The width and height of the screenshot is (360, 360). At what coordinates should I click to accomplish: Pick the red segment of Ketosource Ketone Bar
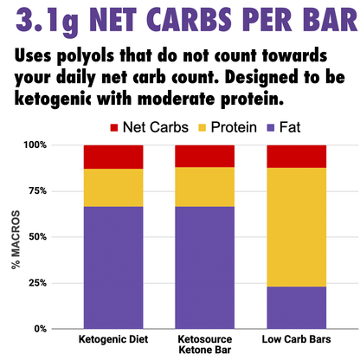pos(204,156)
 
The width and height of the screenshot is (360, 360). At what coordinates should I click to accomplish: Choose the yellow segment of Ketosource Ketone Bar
pos(204,186)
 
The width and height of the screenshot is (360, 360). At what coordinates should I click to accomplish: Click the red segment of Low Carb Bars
pos(296,156)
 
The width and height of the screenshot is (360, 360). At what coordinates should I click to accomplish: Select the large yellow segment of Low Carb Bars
pos(296,227)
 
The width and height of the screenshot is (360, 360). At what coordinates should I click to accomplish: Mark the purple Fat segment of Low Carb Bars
pos(296,307)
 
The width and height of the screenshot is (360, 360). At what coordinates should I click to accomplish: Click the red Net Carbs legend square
pos(113,128)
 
